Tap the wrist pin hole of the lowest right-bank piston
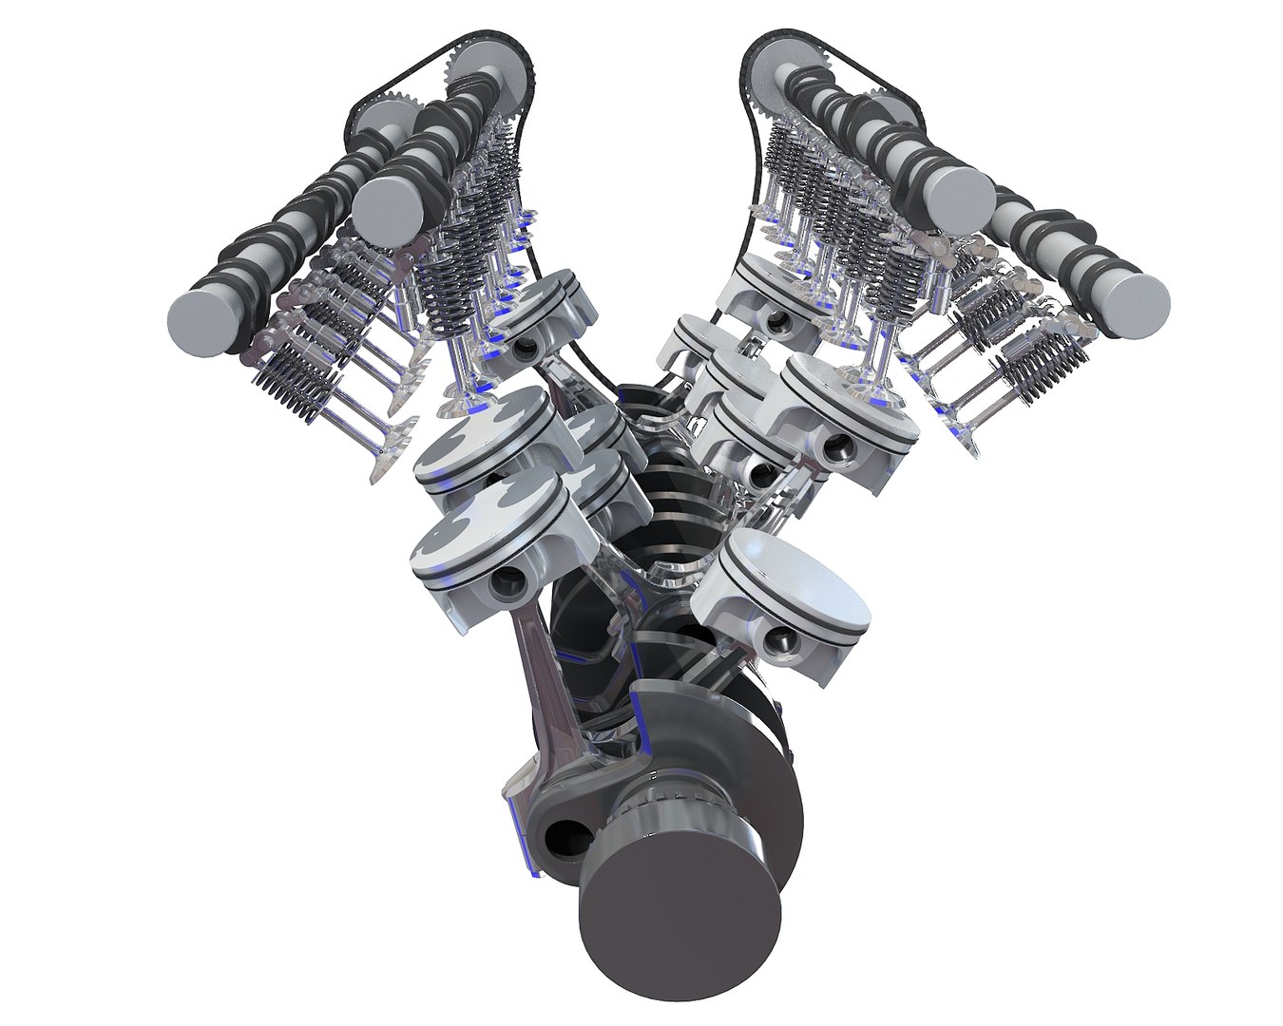coord(782,643)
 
